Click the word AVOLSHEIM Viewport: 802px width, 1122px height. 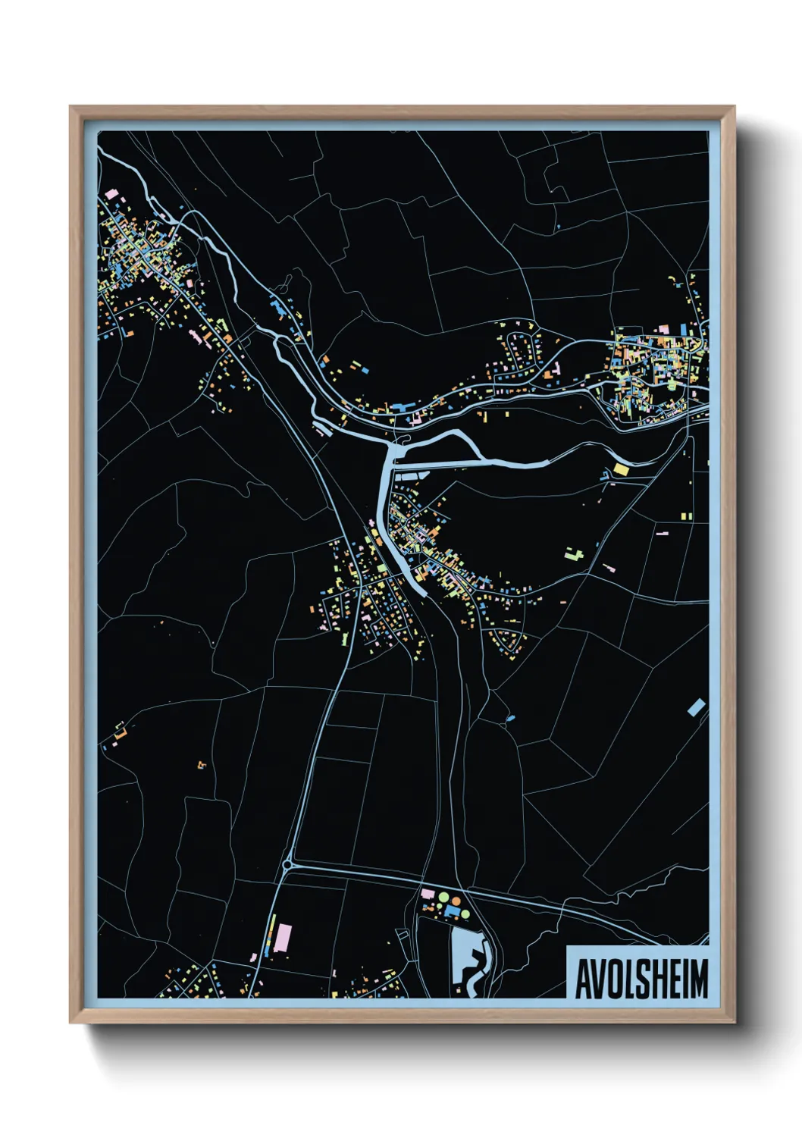641,979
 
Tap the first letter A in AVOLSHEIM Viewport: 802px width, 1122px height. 583,979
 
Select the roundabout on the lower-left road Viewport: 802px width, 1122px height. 287,863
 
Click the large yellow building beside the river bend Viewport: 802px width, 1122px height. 621,469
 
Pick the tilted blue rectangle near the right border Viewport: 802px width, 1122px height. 696,708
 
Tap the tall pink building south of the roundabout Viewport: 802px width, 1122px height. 283,937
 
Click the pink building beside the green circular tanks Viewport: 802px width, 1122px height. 427,895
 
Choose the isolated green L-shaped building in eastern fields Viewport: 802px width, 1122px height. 574,553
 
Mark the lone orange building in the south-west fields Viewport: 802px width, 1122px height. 201,765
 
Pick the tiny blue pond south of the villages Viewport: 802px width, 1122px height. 509,717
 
